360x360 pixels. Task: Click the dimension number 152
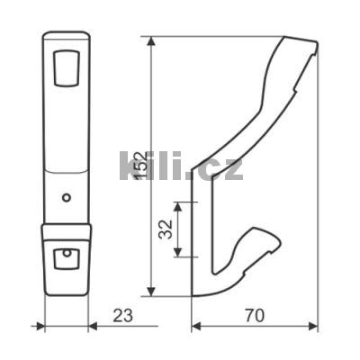pyautogui.click(x=140, y=166)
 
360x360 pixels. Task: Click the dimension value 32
pyautogui.click(x=166, y=229)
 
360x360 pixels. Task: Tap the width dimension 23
pyautogui.click(x=122, y=316)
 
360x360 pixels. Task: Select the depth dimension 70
pyautogui.click(x=255, y=316)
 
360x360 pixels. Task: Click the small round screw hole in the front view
pyautogui.click(x=67, y=198)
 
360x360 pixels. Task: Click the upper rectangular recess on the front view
pyautogui.click(x=67, y=68)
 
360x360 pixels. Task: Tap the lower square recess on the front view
pyautogui.click(x=67, y=258)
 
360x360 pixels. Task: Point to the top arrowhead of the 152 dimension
pyautogui.click(x=152, y=41)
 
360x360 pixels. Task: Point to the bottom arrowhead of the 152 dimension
pyautogui.click(x=152, y=291)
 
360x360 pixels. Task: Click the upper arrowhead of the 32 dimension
pyautogui.click(x=178, y=207)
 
